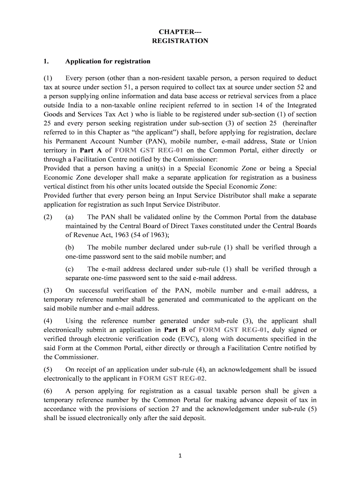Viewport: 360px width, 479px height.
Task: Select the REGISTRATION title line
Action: point(180,41)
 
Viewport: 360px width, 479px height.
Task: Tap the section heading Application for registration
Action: point(108,61)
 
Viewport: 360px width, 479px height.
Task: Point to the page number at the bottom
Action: point(180,457)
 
